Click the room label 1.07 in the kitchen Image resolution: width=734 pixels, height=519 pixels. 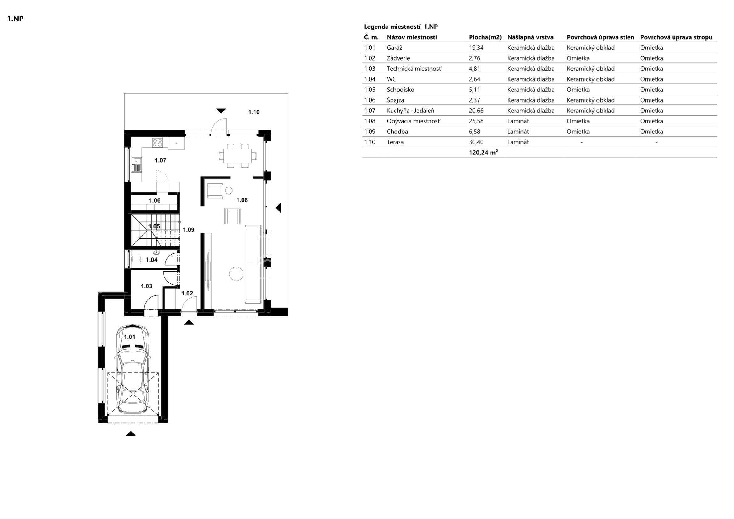click(160, 160)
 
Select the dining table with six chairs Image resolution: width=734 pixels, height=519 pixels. click(238, 156)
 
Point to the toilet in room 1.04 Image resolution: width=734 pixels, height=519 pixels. click(135, 259)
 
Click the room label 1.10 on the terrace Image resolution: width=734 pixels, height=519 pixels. click(254, 112)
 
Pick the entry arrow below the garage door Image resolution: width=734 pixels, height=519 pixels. click(131, 433)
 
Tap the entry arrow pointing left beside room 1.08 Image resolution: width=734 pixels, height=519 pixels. click(278, 208)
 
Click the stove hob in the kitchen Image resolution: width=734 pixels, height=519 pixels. click(158, 142)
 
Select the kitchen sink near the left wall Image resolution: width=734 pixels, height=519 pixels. click(137, 164)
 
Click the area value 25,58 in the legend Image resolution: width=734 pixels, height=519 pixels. click(476, 121)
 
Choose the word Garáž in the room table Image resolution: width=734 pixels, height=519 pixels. click(394, 48)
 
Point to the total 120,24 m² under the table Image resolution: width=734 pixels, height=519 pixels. click(483, 152)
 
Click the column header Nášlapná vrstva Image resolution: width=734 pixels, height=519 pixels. click(530, 37)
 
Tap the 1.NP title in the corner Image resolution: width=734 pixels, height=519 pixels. click(15, 19)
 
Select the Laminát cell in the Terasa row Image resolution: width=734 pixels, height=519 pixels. click(518, 142)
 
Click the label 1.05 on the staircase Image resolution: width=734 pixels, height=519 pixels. click(154, 226)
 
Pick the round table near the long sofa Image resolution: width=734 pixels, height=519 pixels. click(236, 274)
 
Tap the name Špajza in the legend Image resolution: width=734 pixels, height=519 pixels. click(395, 100)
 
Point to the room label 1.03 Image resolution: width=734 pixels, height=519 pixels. click(147, 286)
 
